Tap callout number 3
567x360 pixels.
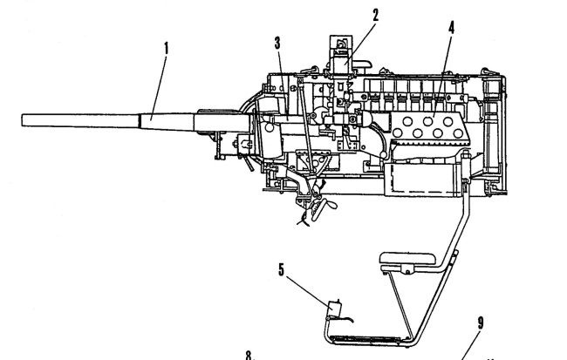tap(278, 42)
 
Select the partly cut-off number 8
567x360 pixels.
tap(249, 355)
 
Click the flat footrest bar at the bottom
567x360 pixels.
tap(366, 336)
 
